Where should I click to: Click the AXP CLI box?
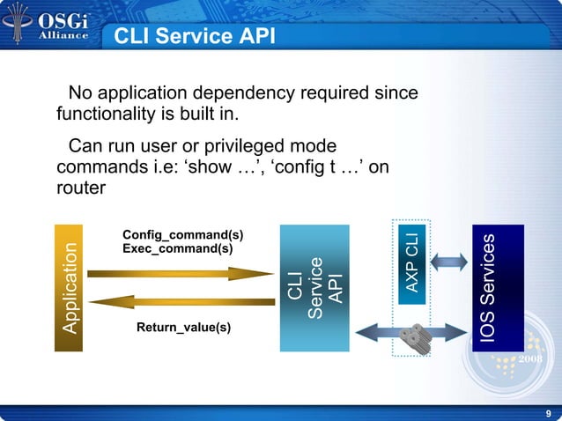point(412,262)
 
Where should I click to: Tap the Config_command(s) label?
point(183,235)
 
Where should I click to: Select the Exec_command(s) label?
point(178,249)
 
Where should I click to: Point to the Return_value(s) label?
point(183,328)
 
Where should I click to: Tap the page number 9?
point(549,413)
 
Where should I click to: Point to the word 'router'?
point(81,187)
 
